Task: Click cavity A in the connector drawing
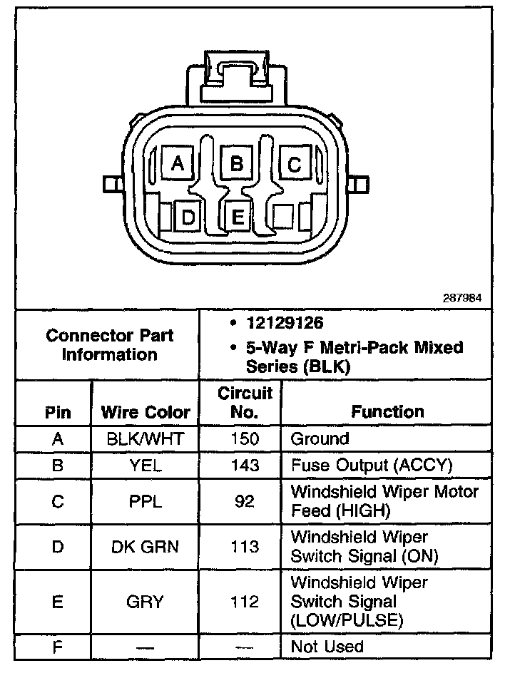click(178, 165)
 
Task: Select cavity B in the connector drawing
click(235, 165)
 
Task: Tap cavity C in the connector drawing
click(294, 165)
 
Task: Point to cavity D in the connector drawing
click(188, 217)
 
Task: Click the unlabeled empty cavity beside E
click(287, 216)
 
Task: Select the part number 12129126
click(285, 323)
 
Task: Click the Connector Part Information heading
click(109, 344)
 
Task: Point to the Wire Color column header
click(146, 412)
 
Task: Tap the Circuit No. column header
click(245, 403)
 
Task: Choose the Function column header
click(387, 411)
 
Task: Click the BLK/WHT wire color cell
click(145, 438)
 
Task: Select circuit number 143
click(244, 466)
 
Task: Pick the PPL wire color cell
click(145, 502)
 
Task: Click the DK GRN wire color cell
click(145, 547)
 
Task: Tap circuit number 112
click(244, 602)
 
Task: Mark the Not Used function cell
click(327, 647)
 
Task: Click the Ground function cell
click(320, 438)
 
